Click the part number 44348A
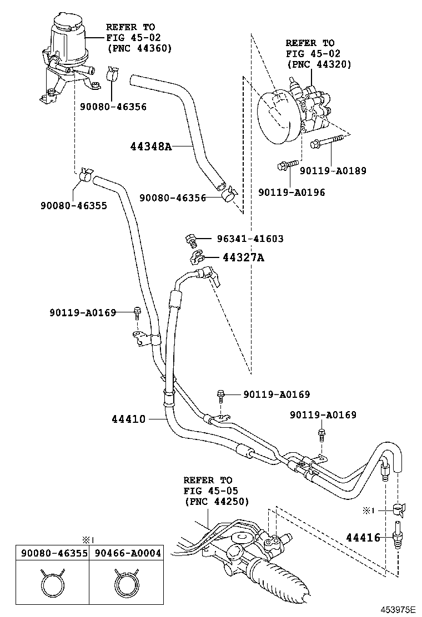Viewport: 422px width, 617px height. click(x=150, y=147)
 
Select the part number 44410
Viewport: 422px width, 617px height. click(x=128, y=419)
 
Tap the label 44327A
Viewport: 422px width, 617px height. click(x=244, y=257)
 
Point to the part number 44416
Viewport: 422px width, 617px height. click(x=363, y=537)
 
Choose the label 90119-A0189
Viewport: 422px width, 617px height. click(x=333, y=171)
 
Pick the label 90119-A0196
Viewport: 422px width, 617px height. click(x=292, y=193)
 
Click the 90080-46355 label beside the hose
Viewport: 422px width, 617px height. click(x=73, y=205)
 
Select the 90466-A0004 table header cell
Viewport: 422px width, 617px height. click(x=127, y=553)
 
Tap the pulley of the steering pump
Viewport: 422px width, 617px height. click(x=278, y=118)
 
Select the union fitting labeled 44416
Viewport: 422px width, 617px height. click(x=396, y=535)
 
